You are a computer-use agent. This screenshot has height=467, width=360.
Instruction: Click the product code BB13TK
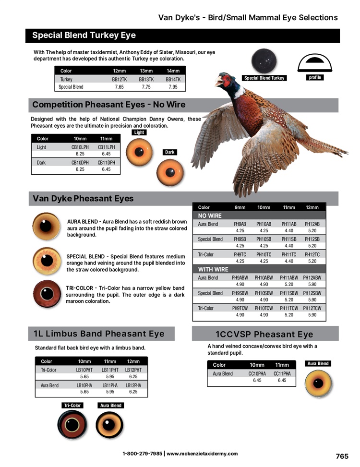146,80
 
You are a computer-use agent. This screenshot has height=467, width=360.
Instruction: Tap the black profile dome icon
315,61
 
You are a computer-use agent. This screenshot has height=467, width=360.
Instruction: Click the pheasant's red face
222,80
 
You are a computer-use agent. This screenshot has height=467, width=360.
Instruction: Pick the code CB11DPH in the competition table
107,163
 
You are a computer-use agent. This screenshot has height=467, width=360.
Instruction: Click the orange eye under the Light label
139,151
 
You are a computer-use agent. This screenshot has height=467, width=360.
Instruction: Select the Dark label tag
170,152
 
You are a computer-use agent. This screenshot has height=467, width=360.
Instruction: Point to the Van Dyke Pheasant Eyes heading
83,198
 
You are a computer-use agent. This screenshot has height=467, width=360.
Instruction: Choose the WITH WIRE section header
214,269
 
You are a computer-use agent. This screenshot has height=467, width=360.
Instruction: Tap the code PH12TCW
312,308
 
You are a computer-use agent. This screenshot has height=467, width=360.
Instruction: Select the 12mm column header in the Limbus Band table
133,361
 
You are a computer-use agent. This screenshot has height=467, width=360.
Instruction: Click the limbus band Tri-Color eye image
72,424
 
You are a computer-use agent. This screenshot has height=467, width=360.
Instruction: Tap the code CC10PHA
257,373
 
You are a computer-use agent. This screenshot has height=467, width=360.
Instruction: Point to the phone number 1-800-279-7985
142,454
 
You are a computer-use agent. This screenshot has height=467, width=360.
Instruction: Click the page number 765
342,456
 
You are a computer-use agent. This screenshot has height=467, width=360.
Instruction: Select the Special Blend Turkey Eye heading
84,36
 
